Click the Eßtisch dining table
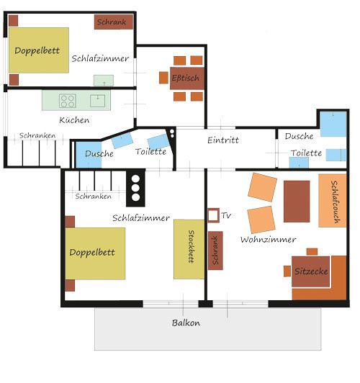[x=187, y=78]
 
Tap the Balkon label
[x=186, y=323]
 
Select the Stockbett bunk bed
[x=189, y=249]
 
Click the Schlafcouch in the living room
[x=333, y=201]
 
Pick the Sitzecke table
[x=310, y=271]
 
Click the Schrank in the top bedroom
[x=114, y=22]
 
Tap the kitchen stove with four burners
[x=68, y=101]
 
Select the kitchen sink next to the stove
[x=97, y=101]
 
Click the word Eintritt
[x=223, y=140]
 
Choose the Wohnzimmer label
[x=268, y=239]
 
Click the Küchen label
[x=74, y=120]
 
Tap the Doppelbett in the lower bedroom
[x=95, y=253]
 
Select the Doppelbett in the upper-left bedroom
[x=39, y=50]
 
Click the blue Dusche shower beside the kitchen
[x=89, y=155]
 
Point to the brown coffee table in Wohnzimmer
[x=297, y=202]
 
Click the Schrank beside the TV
[x=215, y=251]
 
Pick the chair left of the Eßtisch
[x=163, y=78]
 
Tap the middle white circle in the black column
[x=135, y=188]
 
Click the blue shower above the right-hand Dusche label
[x=333, y=124]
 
